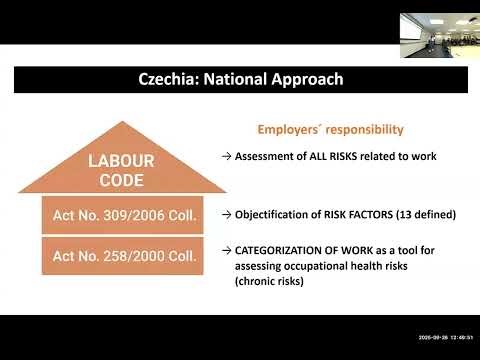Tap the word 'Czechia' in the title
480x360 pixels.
[170, 78]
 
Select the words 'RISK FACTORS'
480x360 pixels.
[354, 214]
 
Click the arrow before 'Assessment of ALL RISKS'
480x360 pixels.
[227, 156]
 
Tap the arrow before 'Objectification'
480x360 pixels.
[227, 214]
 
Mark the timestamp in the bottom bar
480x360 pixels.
[441, 337]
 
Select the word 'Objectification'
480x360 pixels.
[269, 214]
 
